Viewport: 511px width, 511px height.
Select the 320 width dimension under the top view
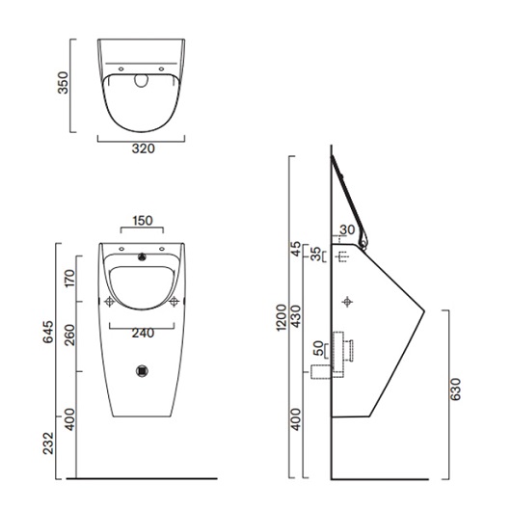tap(142, 148)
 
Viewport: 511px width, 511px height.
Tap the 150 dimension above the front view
tap(142, 221)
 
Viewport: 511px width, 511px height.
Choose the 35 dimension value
tap(314, 255)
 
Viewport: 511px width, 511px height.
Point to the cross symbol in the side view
tap(348, 302)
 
